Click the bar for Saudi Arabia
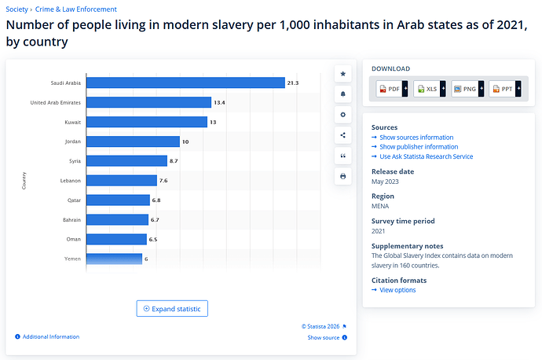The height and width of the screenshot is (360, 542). (x=185, y=83)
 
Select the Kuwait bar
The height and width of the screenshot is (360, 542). (x=146, y=122)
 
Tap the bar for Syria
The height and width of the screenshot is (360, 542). (x=126, y=160)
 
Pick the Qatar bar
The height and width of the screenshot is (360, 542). (x=118, y=200)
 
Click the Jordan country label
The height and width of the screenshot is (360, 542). (x=72, y=141)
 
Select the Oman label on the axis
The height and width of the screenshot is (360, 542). (x=73, y=238)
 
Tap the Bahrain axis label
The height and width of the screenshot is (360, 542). (x=71, y=219)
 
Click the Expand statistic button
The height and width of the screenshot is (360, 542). (x=172, y=309)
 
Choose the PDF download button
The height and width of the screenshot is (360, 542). (x=391, y=89)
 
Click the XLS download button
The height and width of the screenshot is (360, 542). (x=429, y=89)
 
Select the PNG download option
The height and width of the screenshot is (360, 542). (x=467, y=89)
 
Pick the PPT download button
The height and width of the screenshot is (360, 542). (x=504, y=89)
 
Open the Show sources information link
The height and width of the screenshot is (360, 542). (x=416, y=138)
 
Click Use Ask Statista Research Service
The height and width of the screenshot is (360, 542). (x=426, y=156)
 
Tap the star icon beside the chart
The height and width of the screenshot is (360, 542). (x=343, y=74)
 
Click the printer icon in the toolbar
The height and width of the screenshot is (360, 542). (x=343, y=176)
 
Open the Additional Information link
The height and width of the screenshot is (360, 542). (x=50, y=336)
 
